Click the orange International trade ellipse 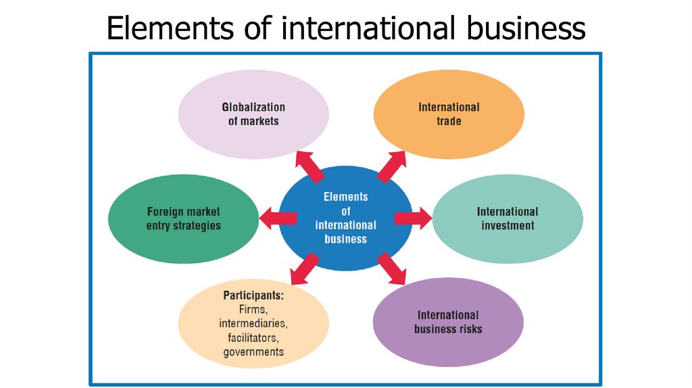click(x=449, y=114)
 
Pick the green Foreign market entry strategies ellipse click(x=183, y=218)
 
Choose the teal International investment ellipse click(x=508, y=218)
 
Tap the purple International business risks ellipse click(x=448, y=322)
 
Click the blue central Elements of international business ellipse click(x=345, y=217)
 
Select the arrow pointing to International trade click(x=391, y=166)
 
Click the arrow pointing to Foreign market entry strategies click(x=278, y=217)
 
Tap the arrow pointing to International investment click(x=412, y=217)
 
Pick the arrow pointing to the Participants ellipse click(x=304, y=268)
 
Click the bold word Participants click(x=253, y=296)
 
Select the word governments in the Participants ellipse click(x=253, y=351)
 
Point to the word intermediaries click(x=253, y=324)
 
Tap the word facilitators click(x=253, y=337)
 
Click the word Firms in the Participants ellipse click(x=253, y=310)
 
